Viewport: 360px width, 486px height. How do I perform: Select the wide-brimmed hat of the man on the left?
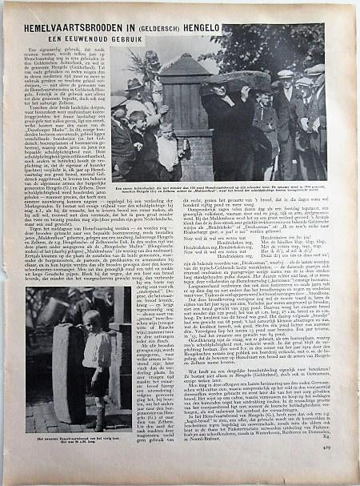(x=133, y=83)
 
